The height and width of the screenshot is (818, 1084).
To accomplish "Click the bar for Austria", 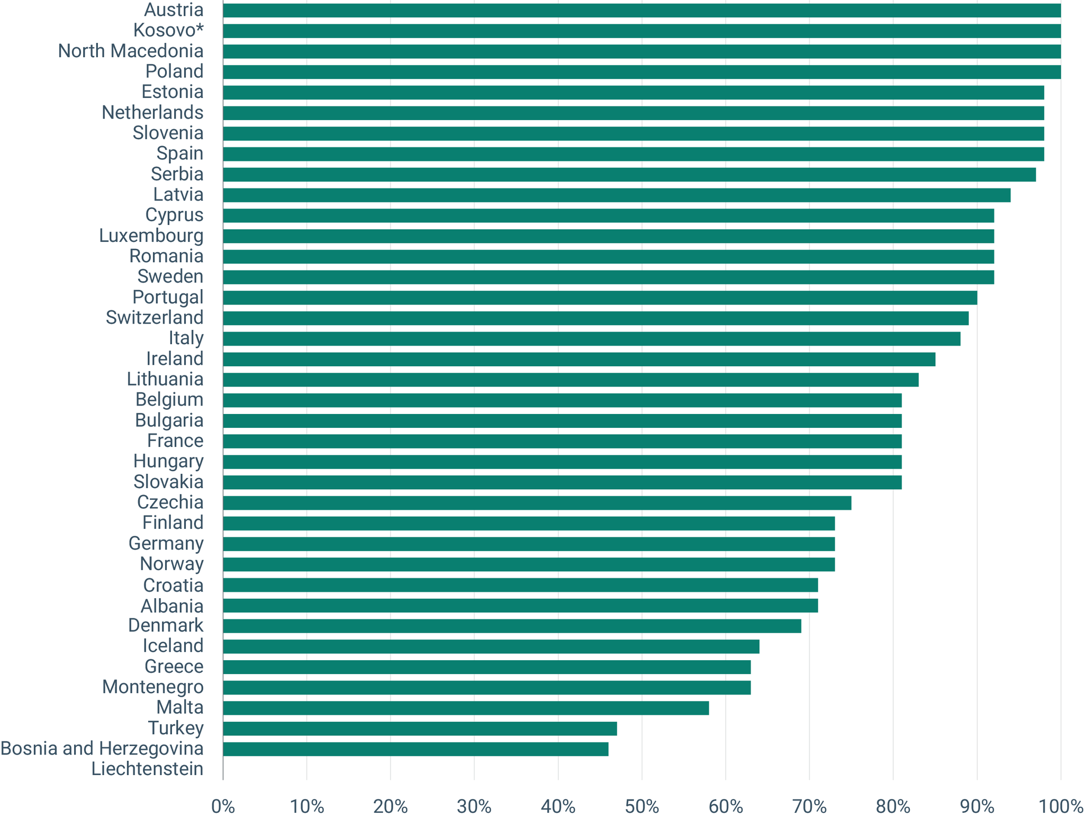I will (x=642, y=11).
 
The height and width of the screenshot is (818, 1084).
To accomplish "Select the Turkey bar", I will (x=420, y=729).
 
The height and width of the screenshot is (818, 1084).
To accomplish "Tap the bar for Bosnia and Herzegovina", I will (x=415, y=749).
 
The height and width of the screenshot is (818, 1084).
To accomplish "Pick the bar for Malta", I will (x=466, y=708).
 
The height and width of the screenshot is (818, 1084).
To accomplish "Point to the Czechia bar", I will (x=537, y=503).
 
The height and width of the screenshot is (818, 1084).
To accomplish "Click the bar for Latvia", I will (x=617, y=195).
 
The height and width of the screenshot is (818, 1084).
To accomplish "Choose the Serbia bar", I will (x=629, y=175).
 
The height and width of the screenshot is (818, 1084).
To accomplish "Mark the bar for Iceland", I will (x=491, y=646).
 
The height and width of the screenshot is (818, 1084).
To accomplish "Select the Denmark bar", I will (x=512, y=626).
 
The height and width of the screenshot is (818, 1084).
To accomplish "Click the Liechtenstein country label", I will (x=147, y=769).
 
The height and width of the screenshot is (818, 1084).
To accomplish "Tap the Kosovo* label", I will (x=168, y=31).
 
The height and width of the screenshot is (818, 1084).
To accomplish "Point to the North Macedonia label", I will (x=131, y=51).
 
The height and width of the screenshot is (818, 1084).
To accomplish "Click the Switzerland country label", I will (x=155, y=318).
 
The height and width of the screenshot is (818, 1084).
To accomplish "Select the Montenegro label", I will (x=153, y=687).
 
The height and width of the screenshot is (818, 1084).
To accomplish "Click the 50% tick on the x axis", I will (x=642, y=807).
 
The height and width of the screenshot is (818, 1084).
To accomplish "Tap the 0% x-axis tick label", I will (x=223, y=807).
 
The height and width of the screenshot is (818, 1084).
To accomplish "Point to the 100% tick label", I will (x=1061, y=807).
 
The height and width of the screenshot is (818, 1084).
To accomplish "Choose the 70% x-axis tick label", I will (x=809, y=807).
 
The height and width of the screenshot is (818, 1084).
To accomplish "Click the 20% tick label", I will (x=391, y=807).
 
